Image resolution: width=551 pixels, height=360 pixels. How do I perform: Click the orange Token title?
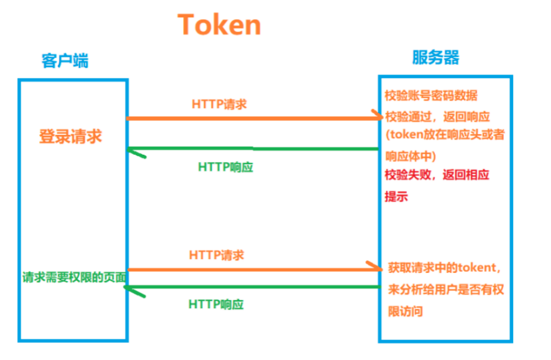point(219,25)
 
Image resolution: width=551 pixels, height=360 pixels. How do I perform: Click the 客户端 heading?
point(64,61)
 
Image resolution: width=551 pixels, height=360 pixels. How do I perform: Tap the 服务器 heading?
point(435,57)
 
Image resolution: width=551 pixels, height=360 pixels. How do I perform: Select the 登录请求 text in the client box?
point(70,137)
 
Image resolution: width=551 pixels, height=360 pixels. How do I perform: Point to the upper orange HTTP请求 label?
point(220,104)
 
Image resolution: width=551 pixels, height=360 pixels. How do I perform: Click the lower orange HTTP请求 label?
point(216,255)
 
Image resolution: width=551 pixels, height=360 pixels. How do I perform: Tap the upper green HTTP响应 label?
point(226,167)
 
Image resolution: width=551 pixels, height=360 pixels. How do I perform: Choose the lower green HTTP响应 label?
point(216,305)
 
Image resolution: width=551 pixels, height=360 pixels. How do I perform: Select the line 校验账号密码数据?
point(431,95)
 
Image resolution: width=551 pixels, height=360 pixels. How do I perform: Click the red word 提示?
point(396,197)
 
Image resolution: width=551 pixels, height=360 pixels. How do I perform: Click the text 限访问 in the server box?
point(404,311)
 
